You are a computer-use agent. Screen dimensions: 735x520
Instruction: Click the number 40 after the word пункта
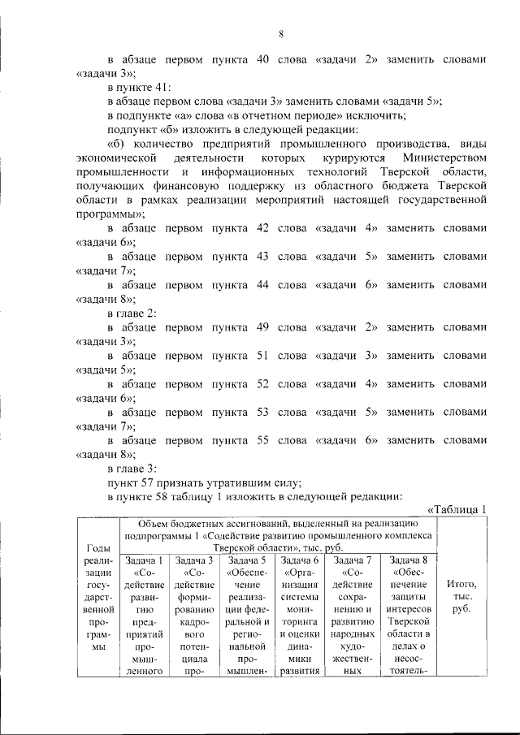tap(262, 59)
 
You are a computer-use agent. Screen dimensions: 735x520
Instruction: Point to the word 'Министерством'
tap(448, 157)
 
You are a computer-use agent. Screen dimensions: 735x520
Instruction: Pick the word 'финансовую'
tap(184, 186)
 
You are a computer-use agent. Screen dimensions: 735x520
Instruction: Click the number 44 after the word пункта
tap(262, 285)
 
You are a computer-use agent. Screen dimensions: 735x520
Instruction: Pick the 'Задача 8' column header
tap(410, 560)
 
